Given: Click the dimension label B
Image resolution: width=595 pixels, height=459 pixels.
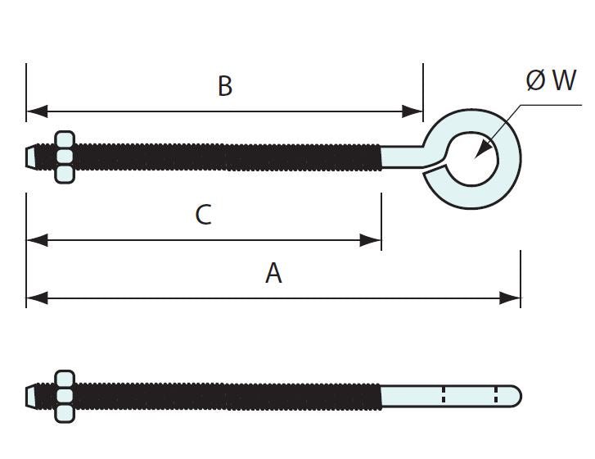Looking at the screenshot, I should coord(224,86).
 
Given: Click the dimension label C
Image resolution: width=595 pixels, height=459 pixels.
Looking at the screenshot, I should coord(204,215).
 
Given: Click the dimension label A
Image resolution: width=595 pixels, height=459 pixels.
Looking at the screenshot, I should coord(273,273).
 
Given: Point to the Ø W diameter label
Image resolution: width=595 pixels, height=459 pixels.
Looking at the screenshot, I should coord(551,80).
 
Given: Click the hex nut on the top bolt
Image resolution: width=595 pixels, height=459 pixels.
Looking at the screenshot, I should coord(64,156).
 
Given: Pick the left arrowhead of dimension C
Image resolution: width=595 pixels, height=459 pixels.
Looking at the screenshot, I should coord(34,240).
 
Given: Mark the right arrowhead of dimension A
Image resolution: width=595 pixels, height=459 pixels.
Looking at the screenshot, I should coord(512,298).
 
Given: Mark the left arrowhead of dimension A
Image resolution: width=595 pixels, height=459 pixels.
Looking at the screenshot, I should coord(34,298).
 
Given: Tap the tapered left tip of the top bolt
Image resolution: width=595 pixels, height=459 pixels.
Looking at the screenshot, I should coord(31,156).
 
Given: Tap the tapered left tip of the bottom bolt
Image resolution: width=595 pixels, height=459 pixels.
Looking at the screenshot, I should coord(31,396).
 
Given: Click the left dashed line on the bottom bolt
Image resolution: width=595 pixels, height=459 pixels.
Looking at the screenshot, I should coord(444,395).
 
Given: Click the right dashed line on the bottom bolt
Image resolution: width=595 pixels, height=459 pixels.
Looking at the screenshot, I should coord(495,395).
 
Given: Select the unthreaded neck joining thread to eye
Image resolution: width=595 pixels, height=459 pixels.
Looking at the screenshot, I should coord(403,156).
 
